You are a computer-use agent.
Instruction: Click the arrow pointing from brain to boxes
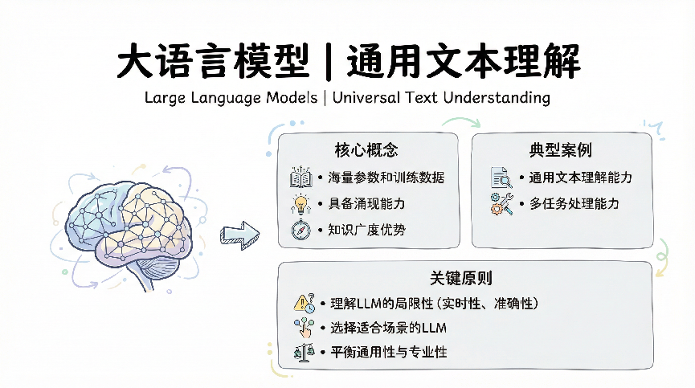point(239,235)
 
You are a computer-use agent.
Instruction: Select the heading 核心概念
point(366,150)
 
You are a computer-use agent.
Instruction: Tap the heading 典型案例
point(561,150)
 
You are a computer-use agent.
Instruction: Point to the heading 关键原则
point(461,278)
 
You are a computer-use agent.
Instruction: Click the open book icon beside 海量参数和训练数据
point(301,178)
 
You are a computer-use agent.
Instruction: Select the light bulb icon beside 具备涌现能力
point(301,204)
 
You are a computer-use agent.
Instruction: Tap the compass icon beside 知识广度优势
point(301,230)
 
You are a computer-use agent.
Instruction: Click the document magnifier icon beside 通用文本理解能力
point(501,178)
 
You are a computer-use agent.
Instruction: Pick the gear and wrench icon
point(501,204)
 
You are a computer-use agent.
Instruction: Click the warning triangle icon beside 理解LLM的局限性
point(304,304)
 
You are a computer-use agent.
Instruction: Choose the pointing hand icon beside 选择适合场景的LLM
point(304,328)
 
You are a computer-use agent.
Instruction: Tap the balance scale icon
point(304,353)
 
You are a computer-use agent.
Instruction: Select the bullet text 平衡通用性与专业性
point(389,353)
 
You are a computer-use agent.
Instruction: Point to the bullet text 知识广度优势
point(366,230)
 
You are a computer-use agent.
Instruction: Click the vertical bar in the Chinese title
point(329,62)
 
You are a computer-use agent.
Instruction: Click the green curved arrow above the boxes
point(461,120)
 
